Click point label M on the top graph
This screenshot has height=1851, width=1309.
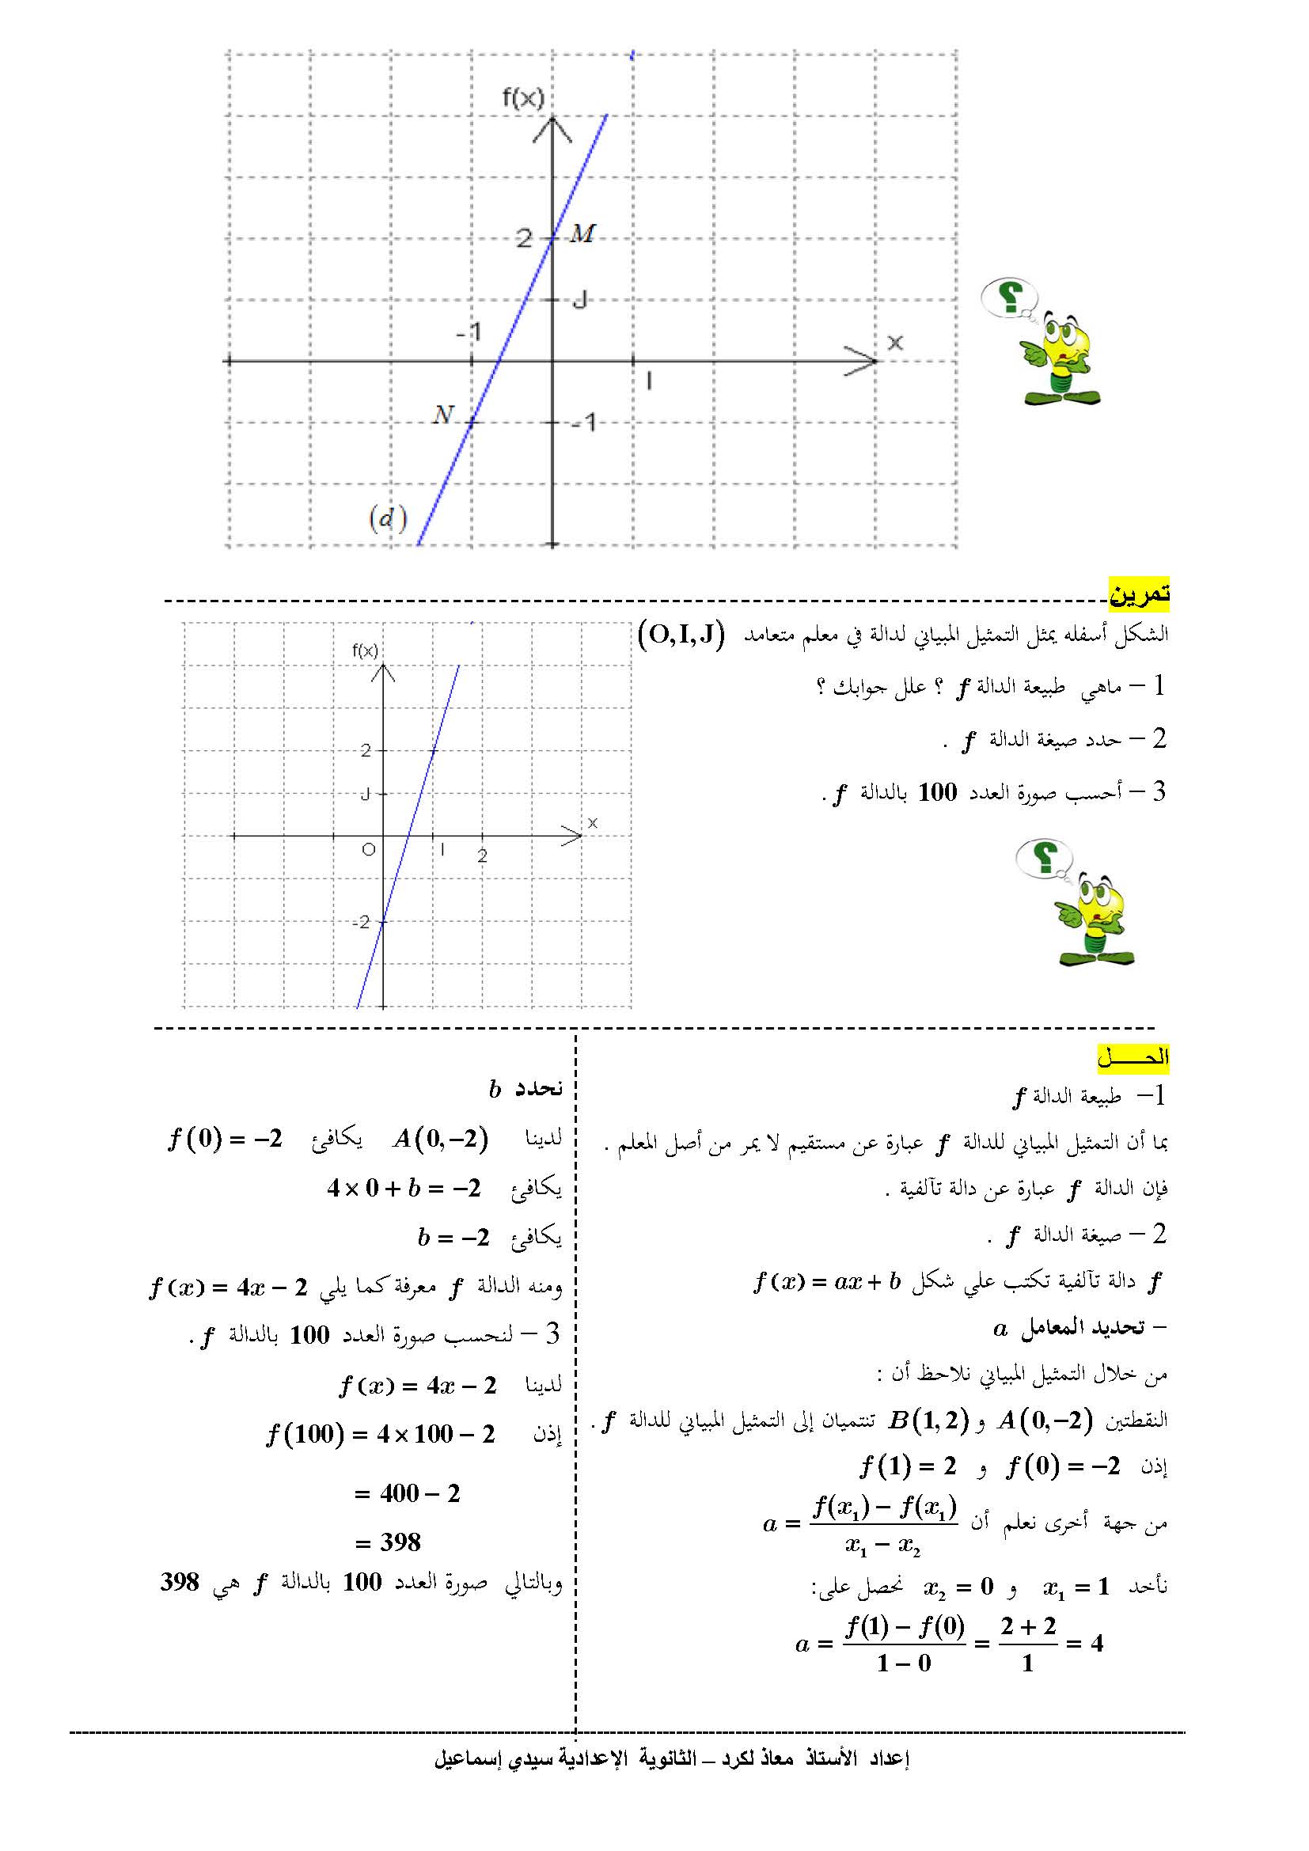pos(582,233)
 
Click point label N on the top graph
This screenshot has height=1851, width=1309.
pos(443,415)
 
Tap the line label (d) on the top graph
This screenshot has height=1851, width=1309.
pos(388,518)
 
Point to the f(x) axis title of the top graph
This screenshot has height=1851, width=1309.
pos(523,98)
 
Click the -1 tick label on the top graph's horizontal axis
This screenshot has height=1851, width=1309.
pos(469,332)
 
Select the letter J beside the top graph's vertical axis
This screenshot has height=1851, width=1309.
pos(579,301)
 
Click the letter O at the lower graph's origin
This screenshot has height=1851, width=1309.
pos(368,849)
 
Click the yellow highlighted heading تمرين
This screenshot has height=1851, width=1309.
pos(1138,594)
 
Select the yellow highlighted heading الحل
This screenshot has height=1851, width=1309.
pos(1133,1057)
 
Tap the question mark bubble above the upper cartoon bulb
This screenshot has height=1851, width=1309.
pos(1007,297)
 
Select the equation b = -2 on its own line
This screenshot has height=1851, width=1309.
pos(453,1237)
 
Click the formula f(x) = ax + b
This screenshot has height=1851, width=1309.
pos(827,1281)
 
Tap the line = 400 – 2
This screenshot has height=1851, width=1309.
pos(407,1493)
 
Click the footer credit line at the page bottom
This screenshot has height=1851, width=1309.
pos(670,1758)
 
